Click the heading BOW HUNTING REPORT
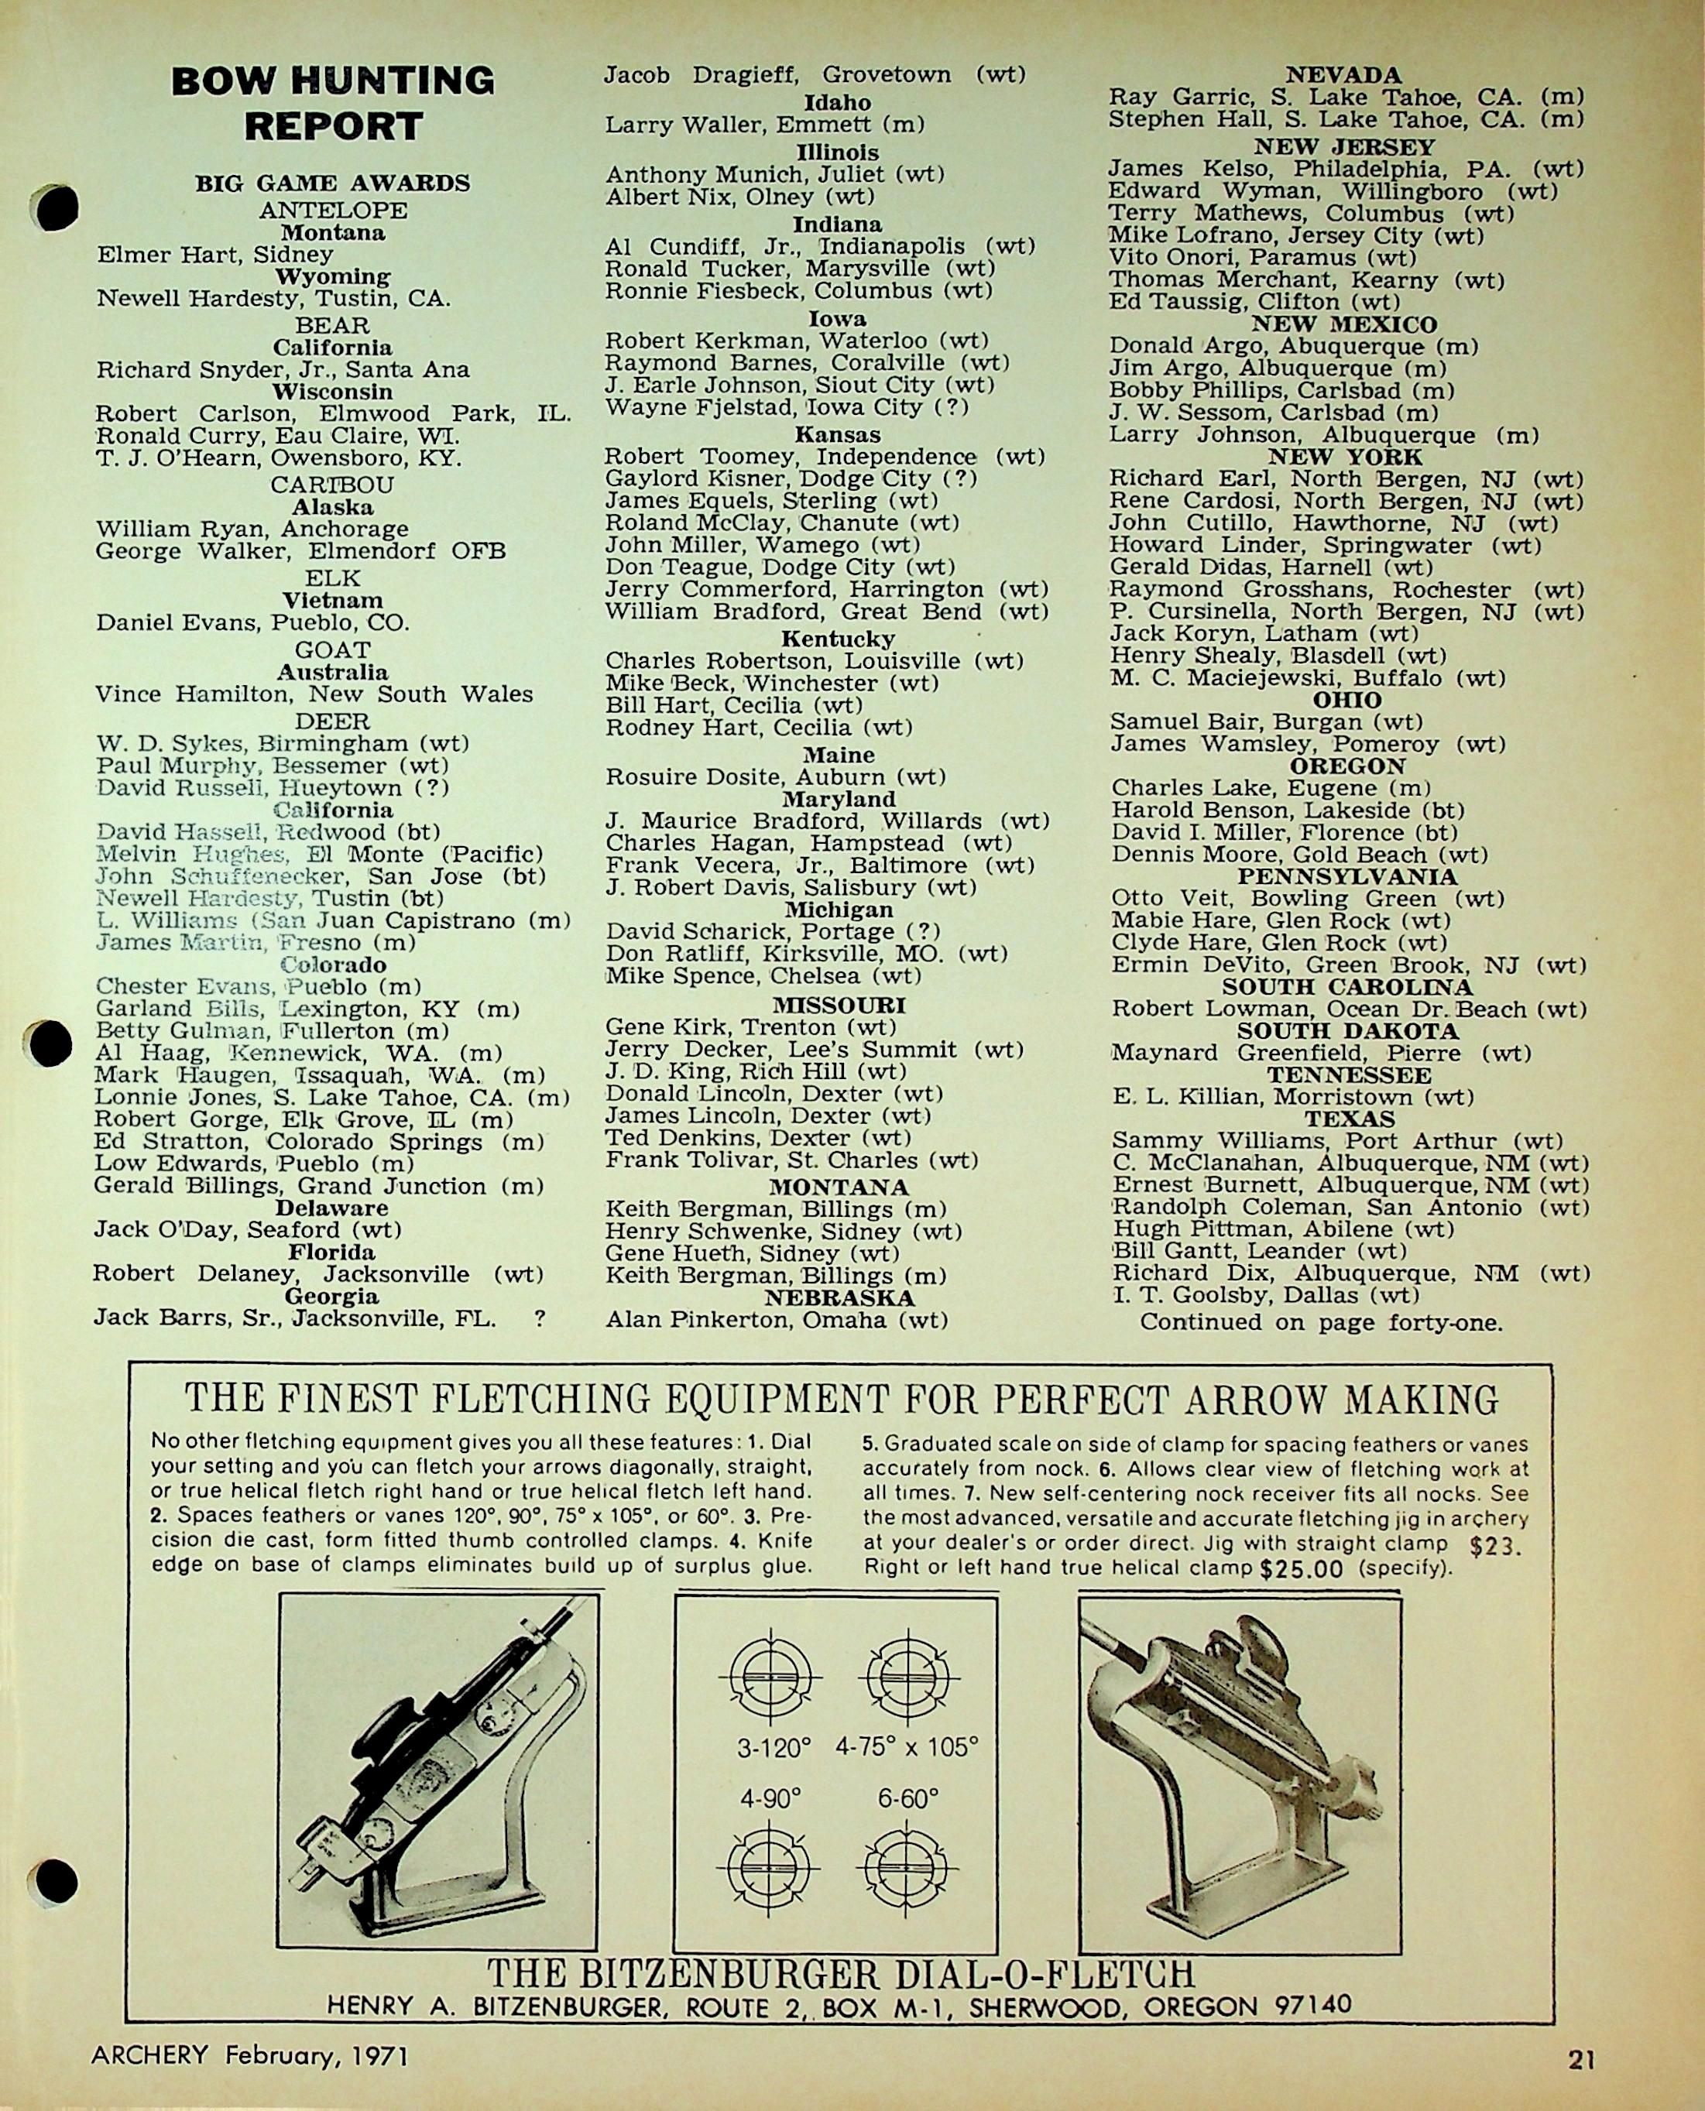point(333,103)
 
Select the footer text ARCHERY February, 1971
point(249,2055)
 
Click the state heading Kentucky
point(838,639)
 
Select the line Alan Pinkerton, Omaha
point(776,1321)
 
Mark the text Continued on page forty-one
point(1321,1322)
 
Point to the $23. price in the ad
point(1497,1547)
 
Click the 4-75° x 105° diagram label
point(907,1748)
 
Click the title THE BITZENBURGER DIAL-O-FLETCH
point(841,1972)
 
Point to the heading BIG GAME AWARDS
point(333,183)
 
